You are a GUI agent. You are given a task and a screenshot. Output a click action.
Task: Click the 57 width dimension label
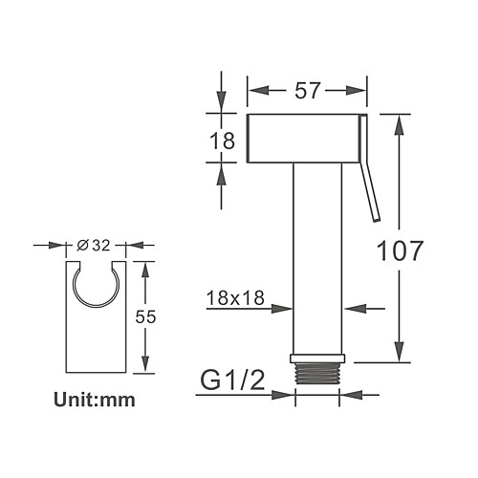(307, 91)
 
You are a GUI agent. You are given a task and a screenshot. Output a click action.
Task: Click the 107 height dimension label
(400, 250)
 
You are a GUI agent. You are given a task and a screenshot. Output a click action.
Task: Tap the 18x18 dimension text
(235, 298)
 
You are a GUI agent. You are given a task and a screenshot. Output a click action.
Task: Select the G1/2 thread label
(232, 380)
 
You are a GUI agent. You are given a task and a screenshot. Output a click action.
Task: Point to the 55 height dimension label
(145, 316)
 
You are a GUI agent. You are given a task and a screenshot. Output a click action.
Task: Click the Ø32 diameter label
(94, 246)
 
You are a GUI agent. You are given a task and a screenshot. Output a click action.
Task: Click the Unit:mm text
(95, 400)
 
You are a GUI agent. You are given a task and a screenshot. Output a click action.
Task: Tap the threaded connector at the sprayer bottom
(317, 373)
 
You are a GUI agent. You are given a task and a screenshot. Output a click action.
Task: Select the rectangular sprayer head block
(303, 139)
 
